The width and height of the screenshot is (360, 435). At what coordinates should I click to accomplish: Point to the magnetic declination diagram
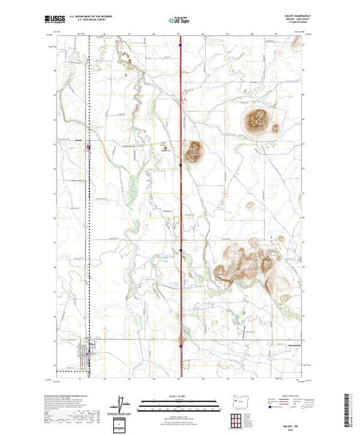(x=122, y=403)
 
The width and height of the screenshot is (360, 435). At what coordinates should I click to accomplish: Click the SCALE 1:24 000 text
(x=180, y=396)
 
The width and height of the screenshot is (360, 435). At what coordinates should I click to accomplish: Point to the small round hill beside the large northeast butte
(x=276, y=128)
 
